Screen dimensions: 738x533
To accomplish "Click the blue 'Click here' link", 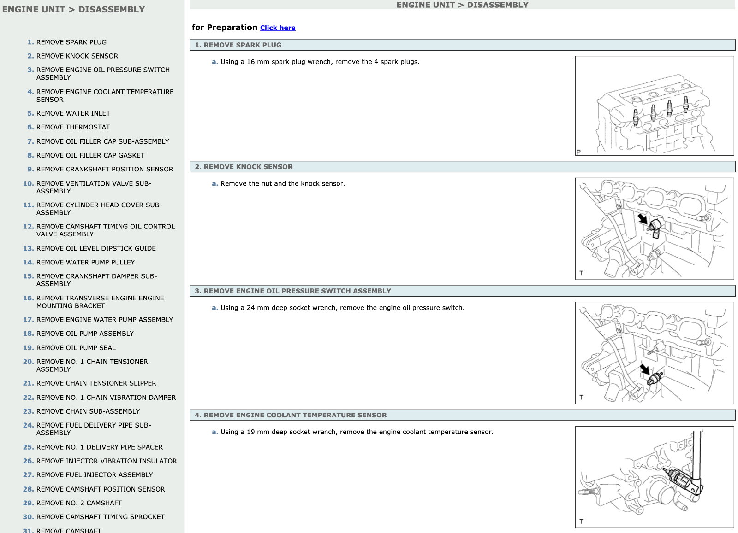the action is tap(278, 28).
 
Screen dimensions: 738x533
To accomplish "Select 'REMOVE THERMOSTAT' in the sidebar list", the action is tap(73, 127).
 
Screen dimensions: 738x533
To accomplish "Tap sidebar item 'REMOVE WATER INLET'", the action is tap(73, 113).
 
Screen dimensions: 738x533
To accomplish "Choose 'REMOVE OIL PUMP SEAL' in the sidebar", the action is tap(76, 348).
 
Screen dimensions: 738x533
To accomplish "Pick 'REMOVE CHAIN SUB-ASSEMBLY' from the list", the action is tap(88, 411).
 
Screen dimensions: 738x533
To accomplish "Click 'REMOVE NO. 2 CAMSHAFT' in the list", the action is tap(79, 503).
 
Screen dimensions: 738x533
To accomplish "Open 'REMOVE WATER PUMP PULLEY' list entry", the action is tap(86, 262).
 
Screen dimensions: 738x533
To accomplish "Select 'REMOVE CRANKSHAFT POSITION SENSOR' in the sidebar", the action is tap(105, 169).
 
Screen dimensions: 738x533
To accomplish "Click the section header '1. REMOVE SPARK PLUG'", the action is tap(238, 45).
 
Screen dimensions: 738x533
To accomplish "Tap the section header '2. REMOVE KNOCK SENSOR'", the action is tap(244, 167).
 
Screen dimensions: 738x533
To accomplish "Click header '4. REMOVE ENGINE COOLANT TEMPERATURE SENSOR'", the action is tap(291, 415).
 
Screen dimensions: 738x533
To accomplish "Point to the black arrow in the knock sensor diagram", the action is tap(643, 219).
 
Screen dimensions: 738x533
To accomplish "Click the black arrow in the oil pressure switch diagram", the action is tap(644, 369).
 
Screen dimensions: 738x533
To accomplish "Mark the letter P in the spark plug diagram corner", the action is tap(578, 152).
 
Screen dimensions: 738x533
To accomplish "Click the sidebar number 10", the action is tap(28, 184).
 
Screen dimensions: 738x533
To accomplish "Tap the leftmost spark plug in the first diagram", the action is tap(636, 118).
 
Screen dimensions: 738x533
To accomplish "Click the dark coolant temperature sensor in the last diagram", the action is tap(678, 479).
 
